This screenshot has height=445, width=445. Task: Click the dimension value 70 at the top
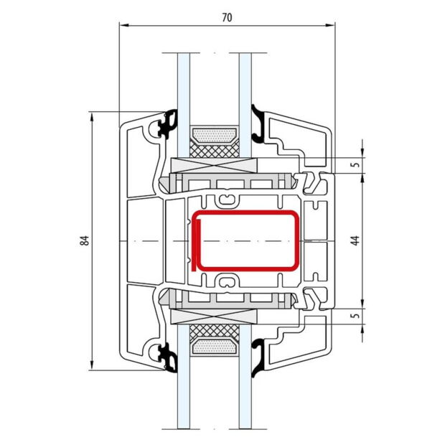click(x=227, y=17)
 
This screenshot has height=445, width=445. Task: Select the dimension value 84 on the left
click(x=84, y=240)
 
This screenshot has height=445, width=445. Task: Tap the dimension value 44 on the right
click(x=354, y=240)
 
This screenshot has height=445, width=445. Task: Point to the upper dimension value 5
click(x=355, y=164)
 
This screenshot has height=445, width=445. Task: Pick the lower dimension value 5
click(x=355, y=317)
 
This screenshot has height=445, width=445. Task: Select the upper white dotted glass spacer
click(x=215, y=134)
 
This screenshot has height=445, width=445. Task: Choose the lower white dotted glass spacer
click(x=215, y=350)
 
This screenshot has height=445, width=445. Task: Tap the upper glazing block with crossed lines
click(x=215, y=164)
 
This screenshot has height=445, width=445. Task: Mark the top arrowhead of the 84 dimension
click(x=93, y=116)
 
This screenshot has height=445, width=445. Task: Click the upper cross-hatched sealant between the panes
click(x=215, y=148)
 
